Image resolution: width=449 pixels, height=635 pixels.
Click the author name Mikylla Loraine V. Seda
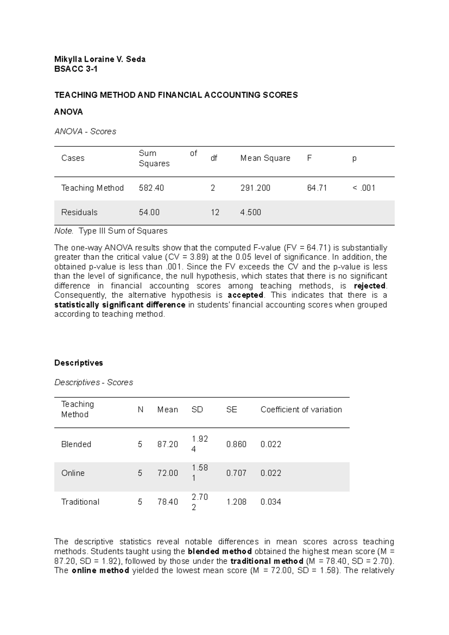pos(100,59)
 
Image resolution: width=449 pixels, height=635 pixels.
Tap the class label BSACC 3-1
pos(76,69)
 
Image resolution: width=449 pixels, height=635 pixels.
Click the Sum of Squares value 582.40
pos(151,188)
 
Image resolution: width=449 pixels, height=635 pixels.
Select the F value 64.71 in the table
pos(317,188)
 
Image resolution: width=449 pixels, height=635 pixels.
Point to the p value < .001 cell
pos(364,188)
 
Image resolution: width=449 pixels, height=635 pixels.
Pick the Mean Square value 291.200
pos(255,188)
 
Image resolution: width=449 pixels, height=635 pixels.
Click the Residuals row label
pos(79,212)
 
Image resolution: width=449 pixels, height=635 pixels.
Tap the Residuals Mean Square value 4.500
pos(251,212)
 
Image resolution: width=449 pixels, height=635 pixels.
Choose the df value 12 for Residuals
pos(215,212)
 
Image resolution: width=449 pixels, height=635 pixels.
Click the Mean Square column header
pos(265,158)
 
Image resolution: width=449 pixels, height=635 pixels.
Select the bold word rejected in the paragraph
pos(369,286)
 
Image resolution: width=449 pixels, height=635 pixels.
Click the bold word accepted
pos(245,295)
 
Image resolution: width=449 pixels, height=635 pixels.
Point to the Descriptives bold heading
pos(79,363)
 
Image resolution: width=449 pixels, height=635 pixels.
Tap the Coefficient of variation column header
pos(301,410)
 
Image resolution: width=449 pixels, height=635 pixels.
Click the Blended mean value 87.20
pos(168,444)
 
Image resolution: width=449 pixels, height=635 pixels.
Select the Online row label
pos(73,473)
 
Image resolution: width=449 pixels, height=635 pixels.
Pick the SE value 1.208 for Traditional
pos(236,502)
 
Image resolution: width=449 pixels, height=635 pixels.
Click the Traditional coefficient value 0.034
pos(271,502)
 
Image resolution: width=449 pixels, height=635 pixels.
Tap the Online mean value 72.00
pos(168,473)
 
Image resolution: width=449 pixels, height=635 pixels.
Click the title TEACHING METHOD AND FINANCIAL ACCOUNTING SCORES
pos(176,95)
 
